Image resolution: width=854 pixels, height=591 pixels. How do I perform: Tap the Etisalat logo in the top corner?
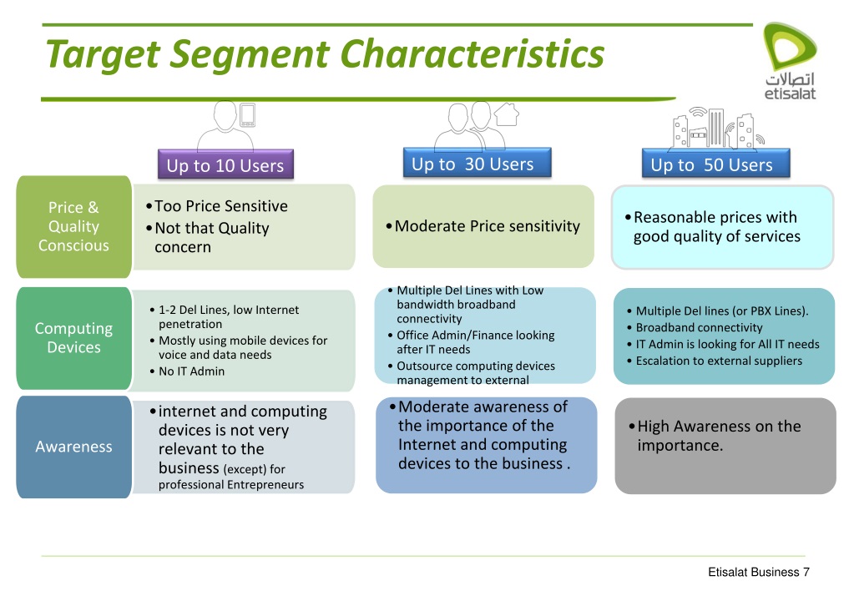789,63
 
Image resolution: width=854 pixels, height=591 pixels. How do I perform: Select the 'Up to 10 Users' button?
225,165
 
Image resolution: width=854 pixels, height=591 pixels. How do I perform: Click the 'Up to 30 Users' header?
472,164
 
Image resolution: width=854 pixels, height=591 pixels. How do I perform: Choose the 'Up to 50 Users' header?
711,164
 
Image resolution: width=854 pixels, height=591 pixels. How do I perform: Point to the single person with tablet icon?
227,125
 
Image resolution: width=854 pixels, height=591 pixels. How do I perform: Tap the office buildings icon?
713,129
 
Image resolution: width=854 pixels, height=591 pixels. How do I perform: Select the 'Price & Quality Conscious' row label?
73,226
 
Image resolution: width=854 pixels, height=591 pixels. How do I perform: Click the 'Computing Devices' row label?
73,338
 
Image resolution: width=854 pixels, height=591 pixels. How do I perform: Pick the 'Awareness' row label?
73,447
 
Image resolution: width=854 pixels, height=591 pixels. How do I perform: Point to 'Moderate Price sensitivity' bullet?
487,226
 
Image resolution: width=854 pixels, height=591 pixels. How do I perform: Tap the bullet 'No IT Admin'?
191,371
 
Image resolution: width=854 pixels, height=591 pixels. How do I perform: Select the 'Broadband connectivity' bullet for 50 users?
699,327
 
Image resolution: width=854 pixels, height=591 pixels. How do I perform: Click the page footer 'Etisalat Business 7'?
758,572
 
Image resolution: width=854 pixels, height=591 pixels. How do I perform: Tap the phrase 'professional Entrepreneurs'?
231,485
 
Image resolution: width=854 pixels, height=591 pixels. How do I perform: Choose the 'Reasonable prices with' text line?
715,218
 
